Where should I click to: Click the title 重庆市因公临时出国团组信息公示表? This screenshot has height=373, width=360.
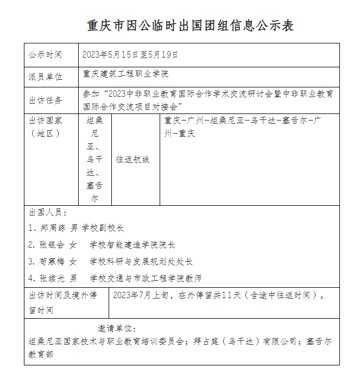pyautogui.click(x=191, y=26)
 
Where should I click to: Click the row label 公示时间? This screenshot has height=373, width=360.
pyautogui.click(x=46, y=55)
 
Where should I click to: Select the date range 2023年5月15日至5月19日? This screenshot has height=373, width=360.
pyautogui.click(x=130, y=55)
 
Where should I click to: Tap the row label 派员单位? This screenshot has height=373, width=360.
pyautogui.click(x=46, y=77)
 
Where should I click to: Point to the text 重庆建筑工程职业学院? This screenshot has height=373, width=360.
pyautogui.click(x=125, y=73)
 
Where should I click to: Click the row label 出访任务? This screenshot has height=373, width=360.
pyautogui.click(x=46, y=100)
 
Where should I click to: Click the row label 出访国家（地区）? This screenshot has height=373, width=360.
pyautogui.click(x=46, y=126)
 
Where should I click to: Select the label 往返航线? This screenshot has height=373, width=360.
pyautogui.click(x=132, y=160)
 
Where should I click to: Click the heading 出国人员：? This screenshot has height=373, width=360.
pyautogui.click(x=48, y=212)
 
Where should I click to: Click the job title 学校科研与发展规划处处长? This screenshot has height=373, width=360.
pyautogui.click(x=141, y=262)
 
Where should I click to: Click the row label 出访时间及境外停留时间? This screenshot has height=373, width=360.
pyautogui.click(x=62, y=303)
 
